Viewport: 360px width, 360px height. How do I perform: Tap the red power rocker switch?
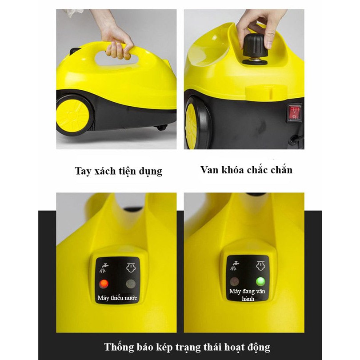[295, 112]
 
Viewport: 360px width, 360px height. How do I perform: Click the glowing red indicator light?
[104, 284]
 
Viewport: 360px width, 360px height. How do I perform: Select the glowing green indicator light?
[260, 281]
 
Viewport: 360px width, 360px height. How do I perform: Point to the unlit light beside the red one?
[131, 284]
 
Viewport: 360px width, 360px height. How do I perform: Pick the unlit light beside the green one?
[234, 281]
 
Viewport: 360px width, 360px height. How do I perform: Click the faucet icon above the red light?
[104, 268]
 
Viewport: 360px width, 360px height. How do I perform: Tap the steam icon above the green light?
[260, 266]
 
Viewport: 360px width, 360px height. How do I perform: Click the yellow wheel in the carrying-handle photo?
[73, 115]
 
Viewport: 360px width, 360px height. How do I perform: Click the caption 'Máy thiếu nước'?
[117, 298]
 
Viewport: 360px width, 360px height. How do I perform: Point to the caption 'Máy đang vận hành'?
[247, 295]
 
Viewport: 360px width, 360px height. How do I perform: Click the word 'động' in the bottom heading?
[259, 347]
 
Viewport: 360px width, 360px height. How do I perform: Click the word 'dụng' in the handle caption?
[150, 172]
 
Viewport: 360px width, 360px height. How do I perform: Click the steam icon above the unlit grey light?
[131, 268]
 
